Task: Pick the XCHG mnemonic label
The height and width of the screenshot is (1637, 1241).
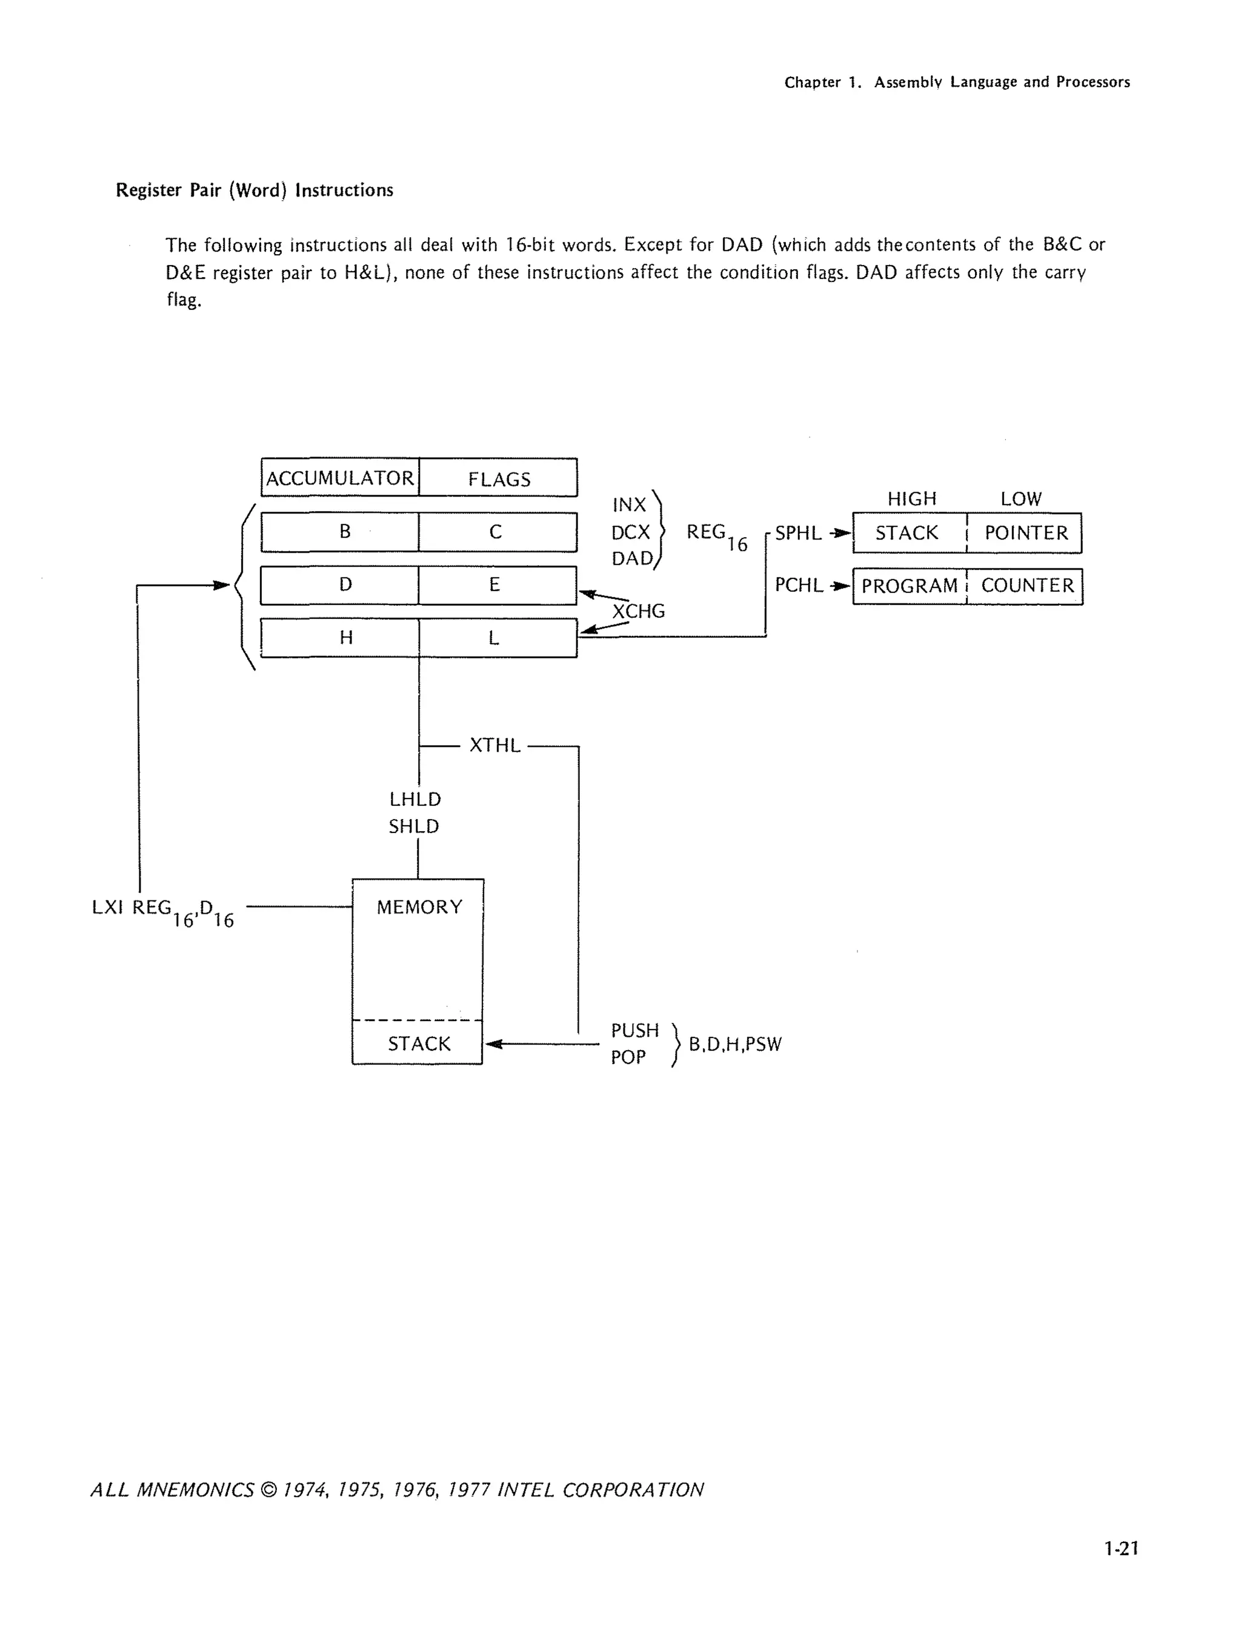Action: pos(638,611)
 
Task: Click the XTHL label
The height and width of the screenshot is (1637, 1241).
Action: pos(495,745)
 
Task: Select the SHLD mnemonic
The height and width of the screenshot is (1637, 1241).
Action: pos(414,826)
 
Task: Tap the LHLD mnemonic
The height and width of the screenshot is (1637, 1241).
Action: pos(415,799)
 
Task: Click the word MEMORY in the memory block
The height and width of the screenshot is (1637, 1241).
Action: pos(419,907)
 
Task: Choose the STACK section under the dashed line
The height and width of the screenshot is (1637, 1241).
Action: pos(419,1043)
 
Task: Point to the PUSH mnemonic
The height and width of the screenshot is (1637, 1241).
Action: pos(634,1030)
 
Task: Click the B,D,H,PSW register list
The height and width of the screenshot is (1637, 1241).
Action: pos(735,1044)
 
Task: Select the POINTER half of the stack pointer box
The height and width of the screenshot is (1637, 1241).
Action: pos(1026,533)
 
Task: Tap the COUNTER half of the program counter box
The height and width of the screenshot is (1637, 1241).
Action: pos(1027,586)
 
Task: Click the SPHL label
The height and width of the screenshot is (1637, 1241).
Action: pos(798,533)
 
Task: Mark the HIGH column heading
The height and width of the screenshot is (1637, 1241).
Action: pos(912,499)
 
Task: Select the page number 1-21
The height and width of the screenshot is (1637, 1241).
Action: pos(1121,1548)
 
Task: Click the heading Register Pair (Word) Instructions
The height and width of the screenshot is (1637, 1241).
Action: pos(255,190)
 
